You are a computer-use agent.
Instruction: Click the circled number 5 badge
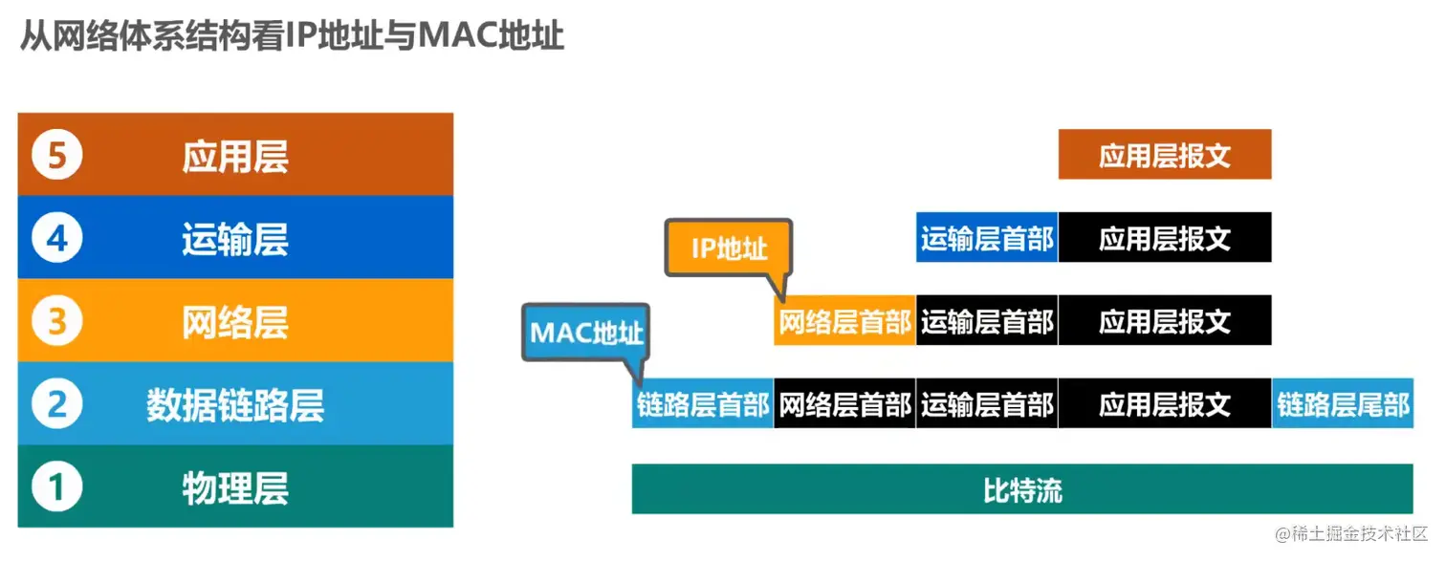[x=57, y=156]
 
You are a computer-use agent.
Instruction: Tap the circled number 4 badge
[x=57, y=238]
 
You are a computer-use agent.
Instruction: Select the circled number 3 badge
[x=57, y=321]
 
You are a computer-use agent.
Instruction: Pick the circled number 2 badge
[x=57, y=404]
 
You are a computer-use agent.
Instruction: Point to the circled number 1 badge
[x=57, y=487]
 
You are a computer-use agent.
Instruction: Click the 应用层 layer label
[x=235, y=156]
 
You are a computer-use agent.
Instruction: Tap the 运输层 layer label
[x=235, y=238]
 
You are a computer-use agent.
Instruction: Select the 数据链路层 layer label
[x=235, y=404]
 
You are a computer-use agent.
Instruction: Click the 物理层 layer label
[x=235, y=487]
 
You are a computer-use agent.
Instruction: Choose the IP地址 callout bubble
[x=730, y=248]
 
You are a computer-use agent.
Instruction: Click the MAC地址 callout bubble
[x=586, y=333]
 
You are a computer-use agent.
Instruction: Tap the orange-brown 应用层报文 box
[x=1164, y=155]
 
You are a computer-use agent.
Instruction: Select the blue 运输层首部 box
[x=987, y=238]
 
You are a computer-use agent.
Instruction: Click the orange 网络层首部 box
[x=844, y=321]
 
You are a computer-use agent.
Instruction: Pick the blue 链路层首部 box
[x=703, y=404]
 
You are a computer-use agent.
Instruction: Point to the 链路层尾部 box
[x=1343, y=404]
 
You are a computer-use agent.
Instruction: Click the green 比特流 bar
[x=1022, y=489]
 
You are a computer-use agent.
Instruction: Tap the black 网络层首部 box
[x=844, y=404]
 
